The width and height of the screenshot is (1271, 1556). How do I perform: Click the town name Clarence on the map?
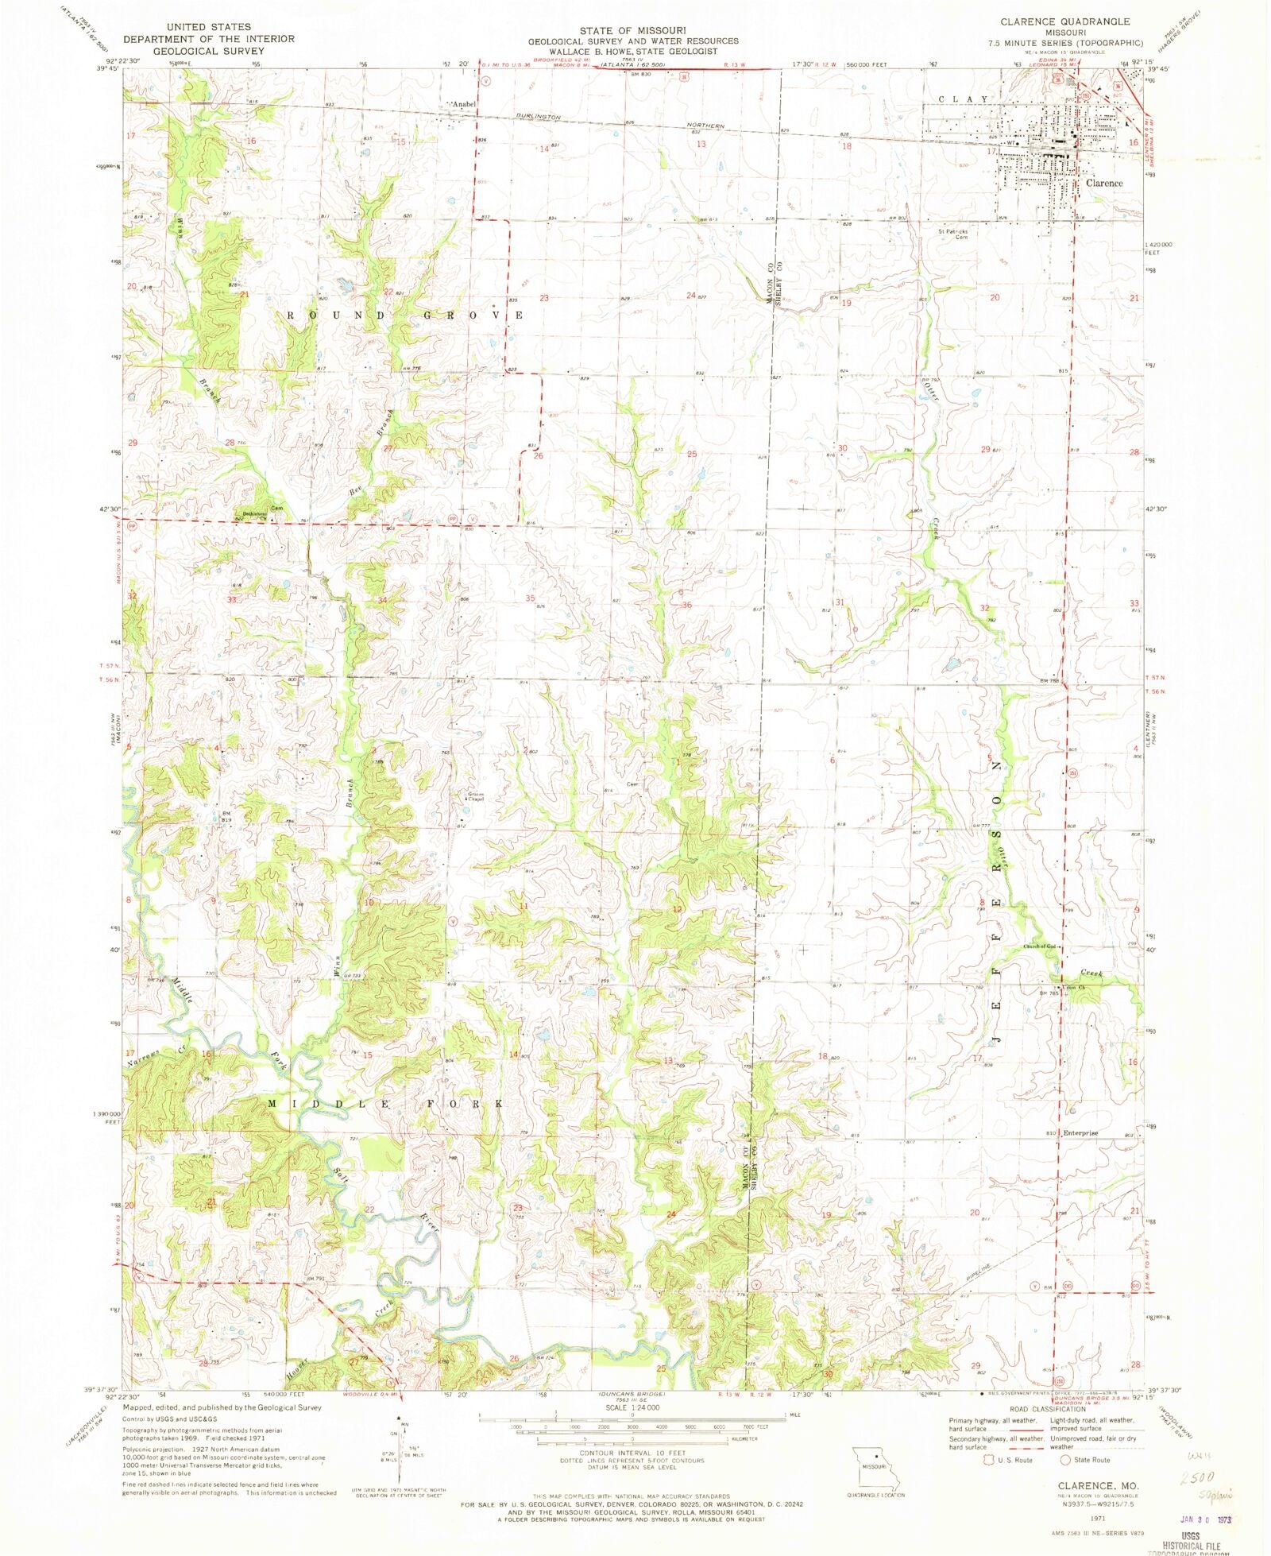tap(1104, 183)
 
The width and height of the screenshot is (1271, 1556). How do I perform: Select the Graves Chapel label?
tap(476, 796)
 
